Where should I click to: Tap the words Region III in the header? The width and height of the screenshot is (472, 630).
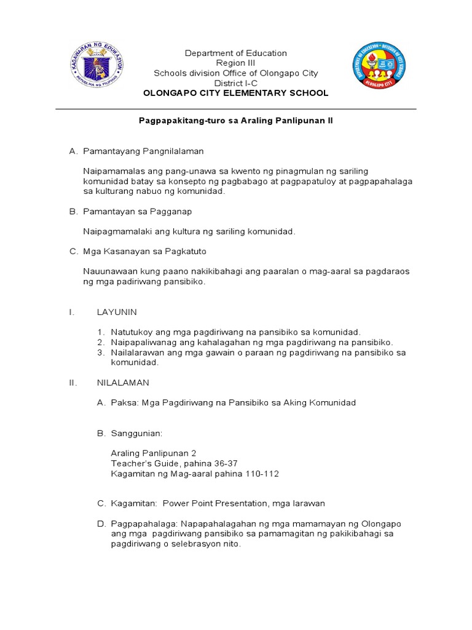point(235,63)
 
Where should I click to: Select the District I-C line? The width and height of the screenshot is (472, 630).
point(235,83)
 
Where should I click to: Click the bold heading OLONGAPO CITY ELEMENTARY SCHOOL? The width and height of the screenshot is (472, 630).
point(235,93)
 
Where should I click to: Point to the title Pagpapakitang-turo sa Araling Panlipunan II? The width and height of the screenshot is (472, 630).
point(235,121)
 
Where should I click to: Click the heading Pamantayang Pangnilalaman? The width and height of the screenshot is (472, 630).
point(143,151)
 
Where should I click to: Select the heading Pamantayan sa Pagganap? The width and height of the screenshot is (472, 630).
point(138,212)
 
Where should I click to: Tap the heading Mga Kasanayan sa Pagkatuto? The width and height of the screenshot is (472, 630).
point(146,252)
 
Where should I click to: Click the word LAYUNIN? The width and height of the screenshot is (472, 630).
point(117,312)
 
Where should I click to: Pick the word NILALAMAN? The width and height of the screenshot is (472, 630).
point(123,382)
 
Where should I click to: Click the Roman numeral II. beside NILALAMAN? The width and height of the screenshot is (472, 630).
point(73,382)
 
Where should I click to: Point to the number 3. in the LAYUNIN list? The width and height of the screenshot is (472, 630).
point(100,353)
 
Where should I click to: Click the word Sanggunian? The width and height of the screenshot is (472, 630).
point(136,433)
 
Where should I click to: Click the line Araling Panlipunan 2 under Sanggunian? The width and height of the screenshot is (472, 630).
point(154,453)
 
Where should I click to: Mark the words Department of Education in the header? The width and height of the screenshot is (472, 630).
point(235,54)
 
